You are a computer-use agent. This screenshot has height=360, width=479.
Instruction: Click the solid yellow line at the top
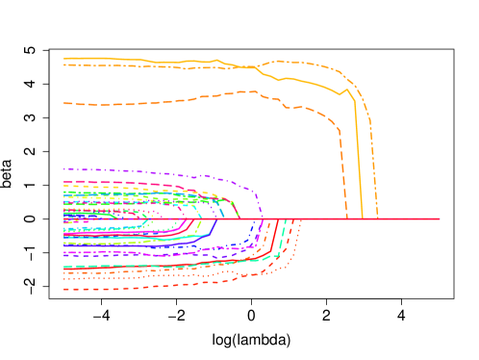coord(144,60)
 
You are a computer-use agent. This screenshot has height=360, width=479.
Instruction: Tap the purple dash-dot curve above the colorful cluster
coord(144,172)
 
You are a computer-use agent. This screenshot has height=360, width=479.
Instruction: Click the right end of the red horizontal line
coord(439,219)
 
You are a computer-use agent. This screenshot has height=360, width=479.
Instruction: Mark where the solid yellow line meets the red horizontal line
coord(362,219)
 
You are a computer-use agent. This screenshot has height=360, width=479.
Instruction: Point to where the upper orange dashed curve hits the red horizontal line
coord(346,219)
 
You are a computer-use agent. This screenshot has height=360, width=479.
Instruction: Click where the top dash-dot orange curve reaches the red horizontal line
coord(377,219)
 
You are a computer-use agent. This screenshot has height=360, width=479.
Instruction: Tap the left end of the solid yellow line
coord(64,58)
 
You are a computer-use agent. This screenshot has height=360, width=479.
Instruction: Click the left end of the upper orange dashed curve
coord(64,103)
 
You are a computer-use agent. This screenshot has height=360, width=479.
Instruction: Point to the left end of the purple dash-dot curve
coord(64,169)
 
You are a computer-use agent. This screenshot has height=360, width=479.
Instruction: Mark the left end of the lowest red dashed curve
coord(64,289)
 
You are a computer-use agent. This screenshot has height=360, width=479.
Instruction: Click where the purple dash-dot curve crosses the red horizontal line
coord(263,219)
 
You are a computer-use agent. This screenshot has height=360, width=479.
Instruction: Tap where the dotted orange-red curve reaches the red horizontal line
coord(300,220)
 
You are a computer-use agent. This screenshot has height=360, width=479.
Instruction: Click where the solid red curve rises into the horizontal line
coord(278,220)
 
